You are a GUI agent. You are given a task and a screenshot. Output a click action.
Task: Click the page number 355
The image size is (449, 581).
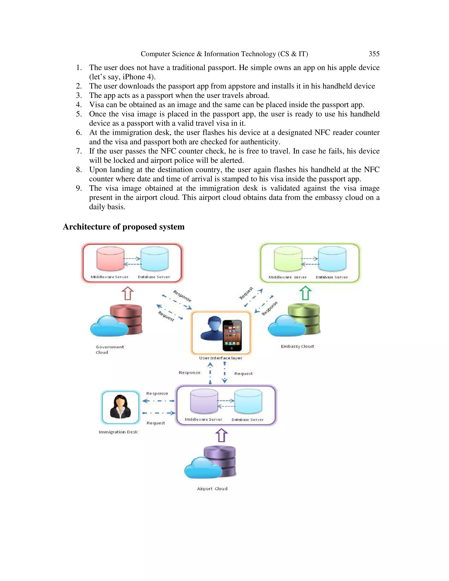[x=374, y=54]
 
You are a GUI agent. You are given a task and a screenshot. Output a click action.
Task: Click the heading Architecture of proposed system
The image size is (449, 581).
[x=124, y=227]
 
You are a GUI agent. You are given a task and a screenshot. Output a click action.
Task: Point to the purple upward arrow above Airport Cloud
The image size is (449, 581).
[x=221, y=435]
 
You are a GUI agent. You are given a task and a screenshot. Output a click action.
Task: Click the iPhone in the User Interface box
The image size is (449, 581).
[x=232, y=335]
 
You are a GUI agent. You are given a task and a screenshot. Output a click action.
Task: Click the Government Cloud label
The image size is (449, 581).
[x=109, y=349]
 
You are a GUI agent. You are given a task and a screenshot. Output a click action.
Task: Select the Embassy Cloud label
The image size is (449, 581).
[x=297, y=346]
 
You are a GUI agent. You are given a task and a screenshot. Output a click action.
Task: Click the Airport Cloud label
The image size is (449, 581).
[x=212, y=489]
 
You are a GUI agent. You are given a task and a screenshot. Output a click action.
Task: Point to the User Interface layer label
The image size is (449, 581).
[x=221, y=358]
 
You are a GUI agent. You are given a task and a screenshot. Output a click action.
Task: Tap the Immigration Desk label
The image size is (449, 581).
[x=118, y=432]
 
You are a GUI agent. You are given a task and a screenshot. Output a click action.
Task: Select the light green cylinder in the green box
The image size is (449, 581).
[x=288, y=258]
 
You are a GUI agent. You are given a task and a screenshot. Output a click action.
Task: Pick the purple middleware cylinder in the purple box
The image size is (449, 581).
[x=204, y=401]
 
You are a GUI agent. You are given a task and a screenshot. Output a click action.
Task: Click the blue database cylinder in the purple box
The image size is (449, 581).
[x=248, y=401]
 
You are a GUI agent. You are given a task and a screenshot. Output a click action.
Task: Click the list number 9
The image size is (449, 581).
[x=79, y=188]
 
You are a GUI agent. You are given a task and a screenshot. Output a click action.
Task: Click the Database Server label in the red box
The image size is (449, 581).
[x=154, y=277]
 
